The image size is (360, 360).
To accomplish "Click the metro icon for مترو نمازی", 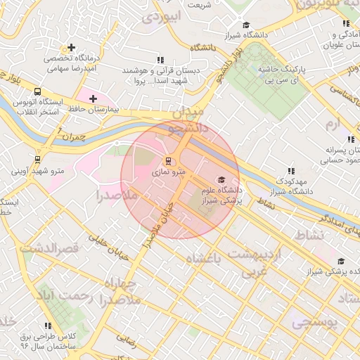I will pyautogui.click(x=167, y=162).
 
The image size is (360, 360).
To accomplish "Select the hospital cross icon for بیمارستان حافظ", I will pyautogui.click(x=93, y=98).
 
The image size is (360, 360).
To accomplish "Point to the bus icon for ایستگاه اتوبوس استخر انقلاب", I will pyautogui.click(x=37, y=91).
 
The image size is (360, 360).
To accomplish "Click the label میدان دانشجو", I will pyautogui.click(x=186, y=120).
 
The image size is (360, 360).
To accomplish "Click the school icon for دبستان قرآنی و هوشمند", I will pyautogui.click(x=161, y=60).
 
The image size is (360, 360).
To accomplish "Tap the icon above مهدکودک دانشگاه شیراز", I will pyautogui.click(x=290, y=170).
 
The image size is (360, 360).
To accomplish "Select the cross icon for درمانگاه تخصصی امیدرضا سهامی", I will pyautogui.click(x=72, y=47).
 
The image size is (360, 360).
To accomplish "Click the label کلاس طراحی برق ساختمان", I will pyautogui.click(x=47, y=341).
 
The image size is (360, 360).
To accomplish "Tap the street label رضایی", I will pyautogui.click(x=127, y=339).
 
